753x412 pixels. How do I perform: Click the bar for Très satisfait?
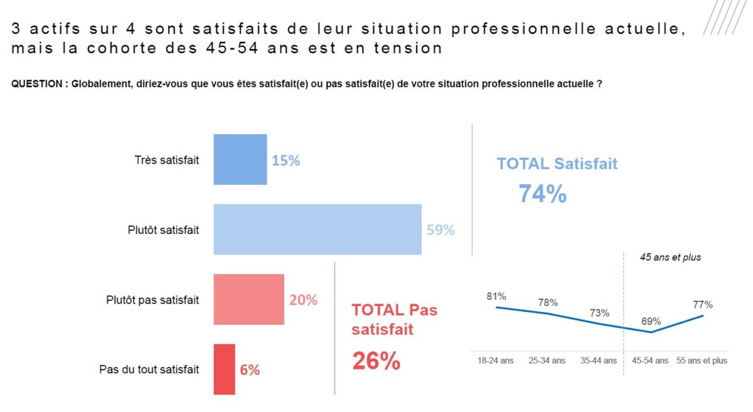pyautogui.click(x=240, y=160)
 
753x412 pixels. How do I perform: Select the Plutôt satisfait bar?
pyautogui.click(x=317, y=230)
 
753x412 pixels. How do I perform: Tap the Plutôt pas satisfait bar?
pyautogui.click(x=248, y=300)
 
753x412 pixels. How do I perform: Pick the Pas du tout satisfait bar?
pyautogui.click(x=224, y=369)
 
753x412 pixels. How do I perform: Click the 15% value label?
pyautogui.click(x=286, y=161)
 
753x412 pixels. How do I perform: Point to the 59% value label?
pyautogui.click(x=441, y=230)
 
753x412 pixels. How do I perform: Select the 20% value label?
pyautogui.click(x=303, y=300)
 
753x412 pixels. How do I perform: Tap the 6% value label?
pyautogui.click(x=250, y=370)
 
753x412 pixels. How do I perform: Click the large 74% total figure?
pyautogui.click(x=542, y=194)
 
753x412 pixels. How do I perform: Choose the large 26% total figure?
pyautogui.click(x=376, y=361)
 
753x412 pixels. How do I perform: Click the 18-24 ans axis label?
pyautogui.click(x=496, y=361)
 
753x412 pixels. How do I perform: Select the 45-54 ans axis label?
pyautogui.click(x=649, y=361)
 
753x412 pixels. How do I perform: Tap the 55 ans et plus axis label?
pyautogui.click(x=702, y=361)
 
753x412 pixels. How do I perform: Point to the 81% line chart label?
pyautogui.click(x=496, y=296)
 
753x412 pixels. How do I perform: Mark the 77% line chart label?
pyautogui.click(x=703, y=305)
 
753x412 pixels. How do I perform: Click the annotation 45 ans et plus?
pyautogui.click(x=670, y=258)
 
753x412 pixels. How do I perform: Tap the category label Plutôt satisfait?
pyautogui.click(x=163, y=230)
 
